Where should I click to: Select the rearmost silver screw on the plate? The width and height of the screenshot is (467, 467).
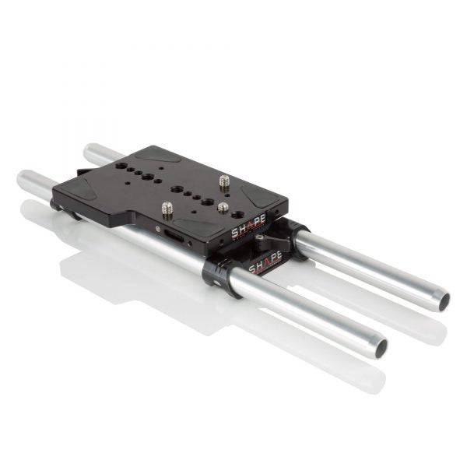pyautogui.click(x=224, y=181)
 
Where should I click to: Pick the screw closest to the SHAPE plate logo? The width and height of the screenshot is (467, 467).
pyautogui.click(x=223, y=208)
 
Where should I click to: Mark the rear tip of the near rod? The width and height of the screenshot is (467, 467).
pyautogui.click(x=23, y=181)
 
